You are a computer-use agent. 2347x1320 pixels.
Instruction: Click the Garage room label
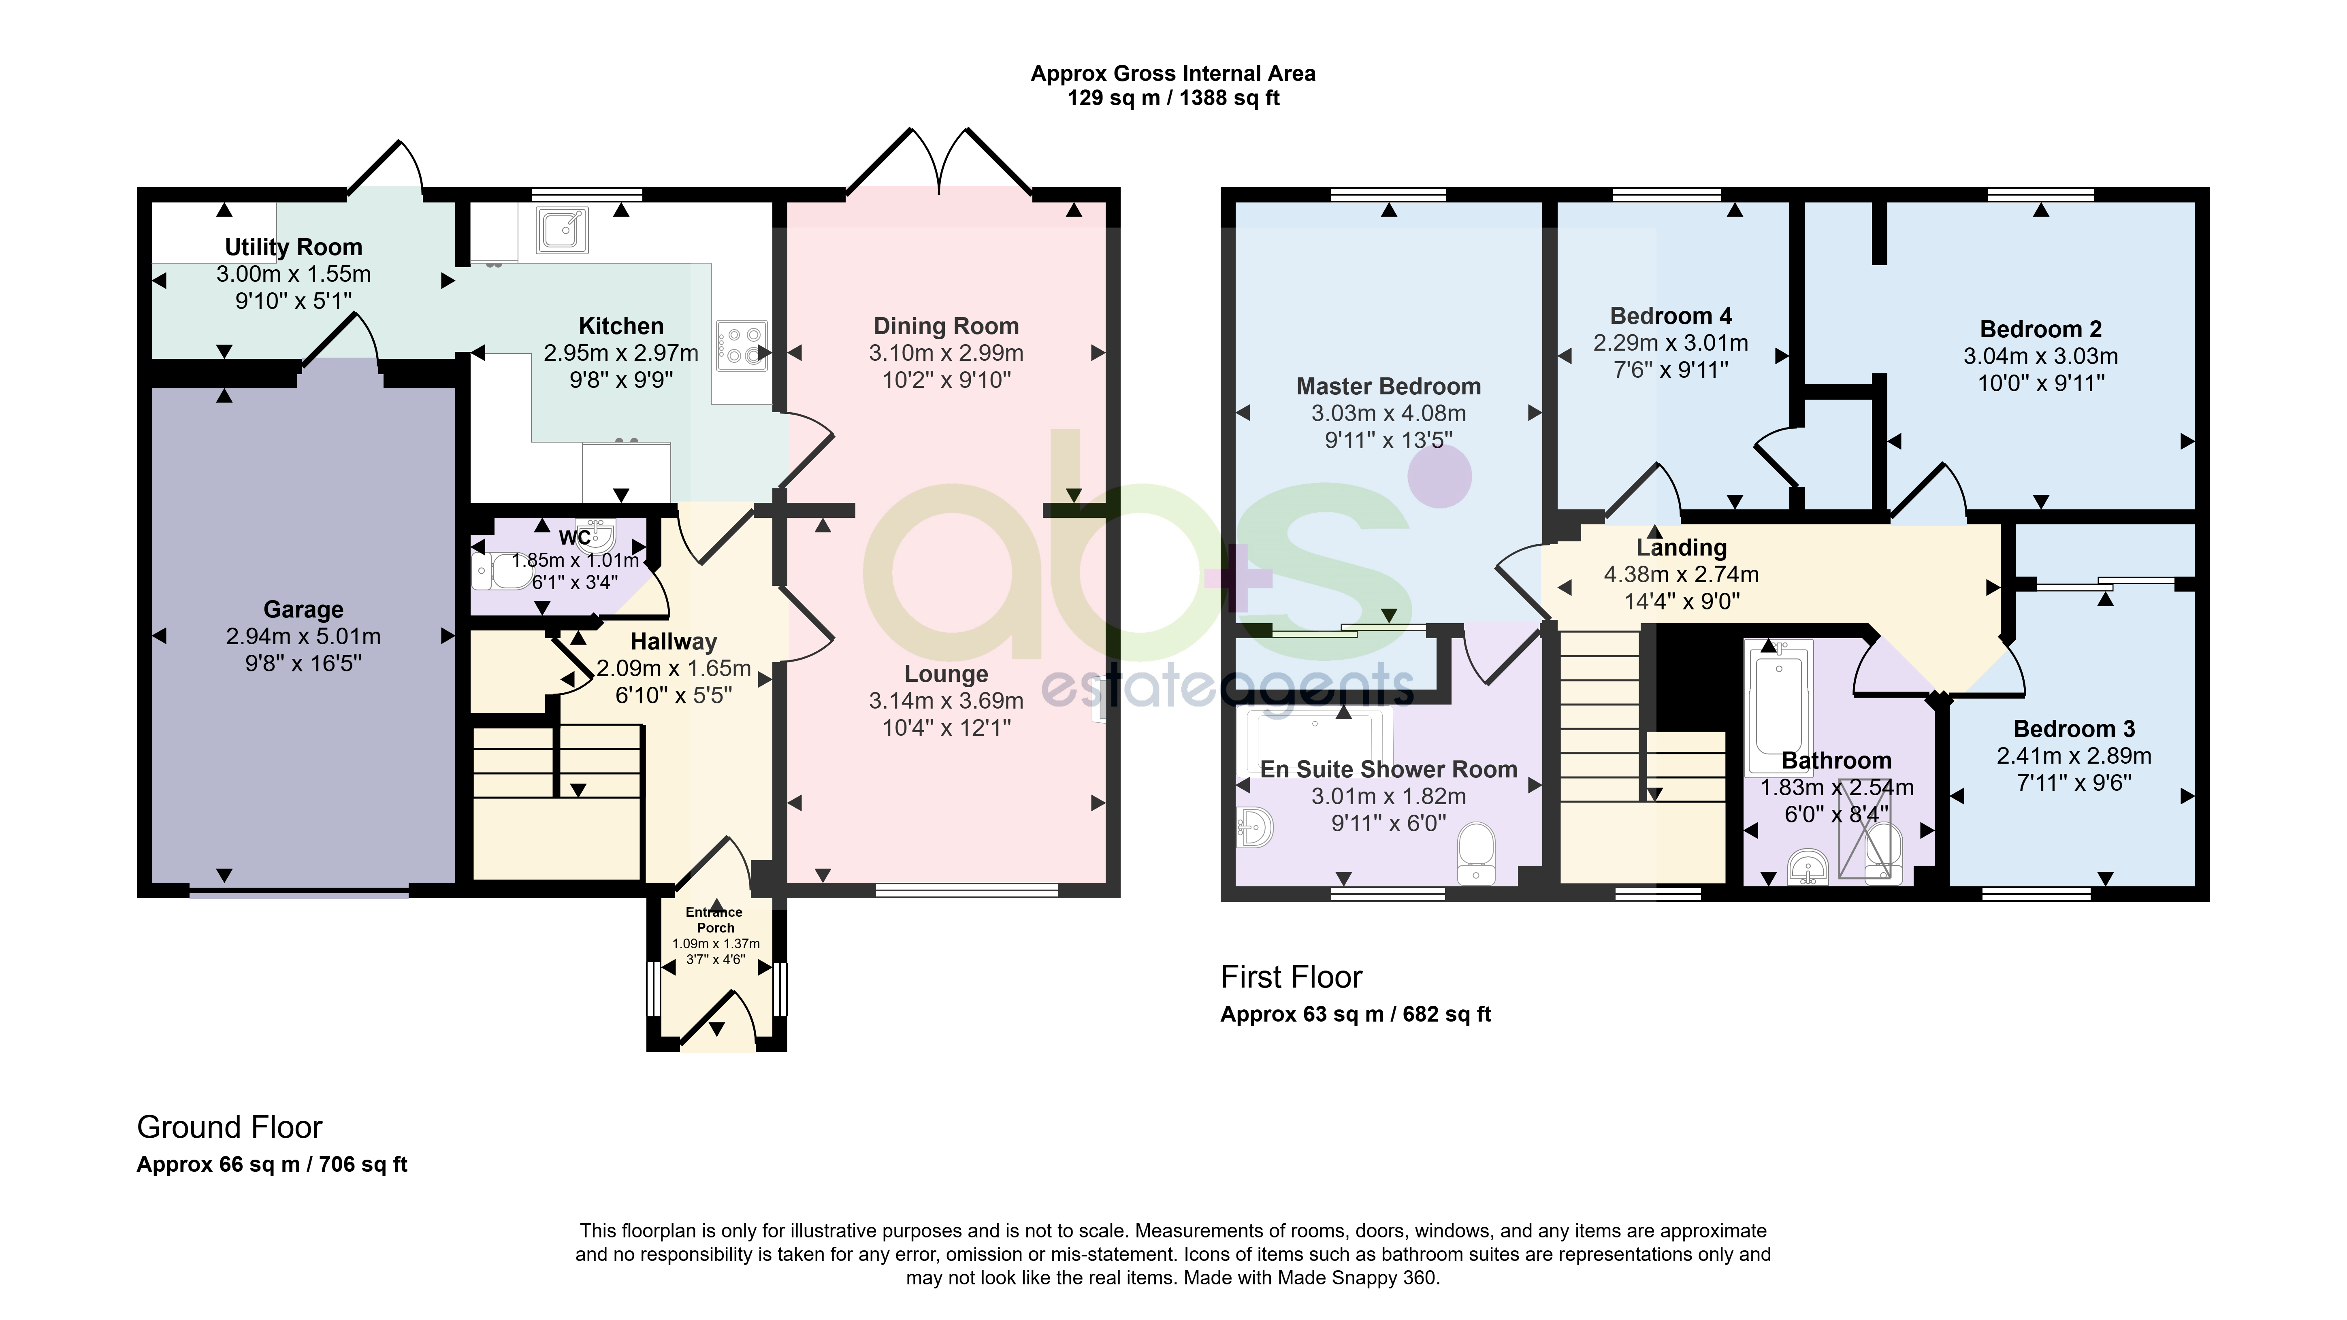tap(303, 609)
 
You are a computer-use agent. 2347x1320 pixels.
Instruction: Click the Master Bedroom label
tap(1388, 386)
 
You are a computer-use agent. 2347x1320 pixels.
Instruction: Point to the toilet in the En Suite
tap(1476, 854)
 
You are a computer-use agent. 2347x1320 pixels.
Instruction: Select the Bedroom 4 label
tap(1671, 316)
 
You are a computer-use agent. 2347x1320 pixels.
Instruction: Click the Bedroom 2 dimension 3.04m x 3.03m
tap(2041, 356)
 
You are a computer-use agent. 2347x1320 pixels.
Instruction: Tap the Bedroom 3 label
tap(2074, 729)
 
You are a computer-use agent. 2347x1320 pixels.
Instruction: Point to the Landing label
tap(1681, 547)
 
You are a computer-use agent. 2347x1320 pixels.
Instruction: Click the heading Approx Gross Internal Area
tap(1172, 74)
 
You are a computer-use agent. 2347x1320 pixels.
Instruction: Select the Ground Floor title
tap(230, 1127)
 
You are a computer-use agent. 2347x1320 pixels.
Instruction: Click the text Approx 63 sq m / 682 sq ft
tap(1356, 1014)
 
